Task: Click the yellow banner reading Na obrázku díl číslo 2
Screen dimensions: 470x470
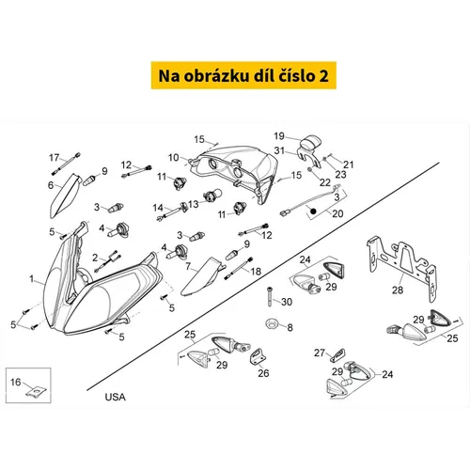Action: click(243, 75)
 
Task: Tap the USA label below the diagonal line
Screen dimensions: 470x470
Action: click(115, 397)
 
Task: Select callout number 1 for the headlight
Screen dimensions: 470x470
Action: click(31, 278)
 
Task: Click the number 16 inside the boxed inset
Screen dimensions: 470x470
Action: click(15, 382)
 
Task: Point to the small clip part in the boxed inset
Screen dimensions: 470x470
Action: click(37, 392)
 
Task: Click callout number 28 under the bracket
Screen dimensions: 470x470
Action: click(398, 290)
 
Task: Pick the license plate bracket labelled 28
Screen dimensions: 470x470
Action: click(401, 264)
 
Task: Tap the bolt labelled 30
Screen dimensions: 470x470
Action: click(270, 297)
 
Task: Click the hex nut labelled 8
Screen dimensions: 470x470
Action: click(271, 323)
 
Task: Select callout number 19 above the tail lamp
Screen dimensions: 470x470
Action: click(279, 136)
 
